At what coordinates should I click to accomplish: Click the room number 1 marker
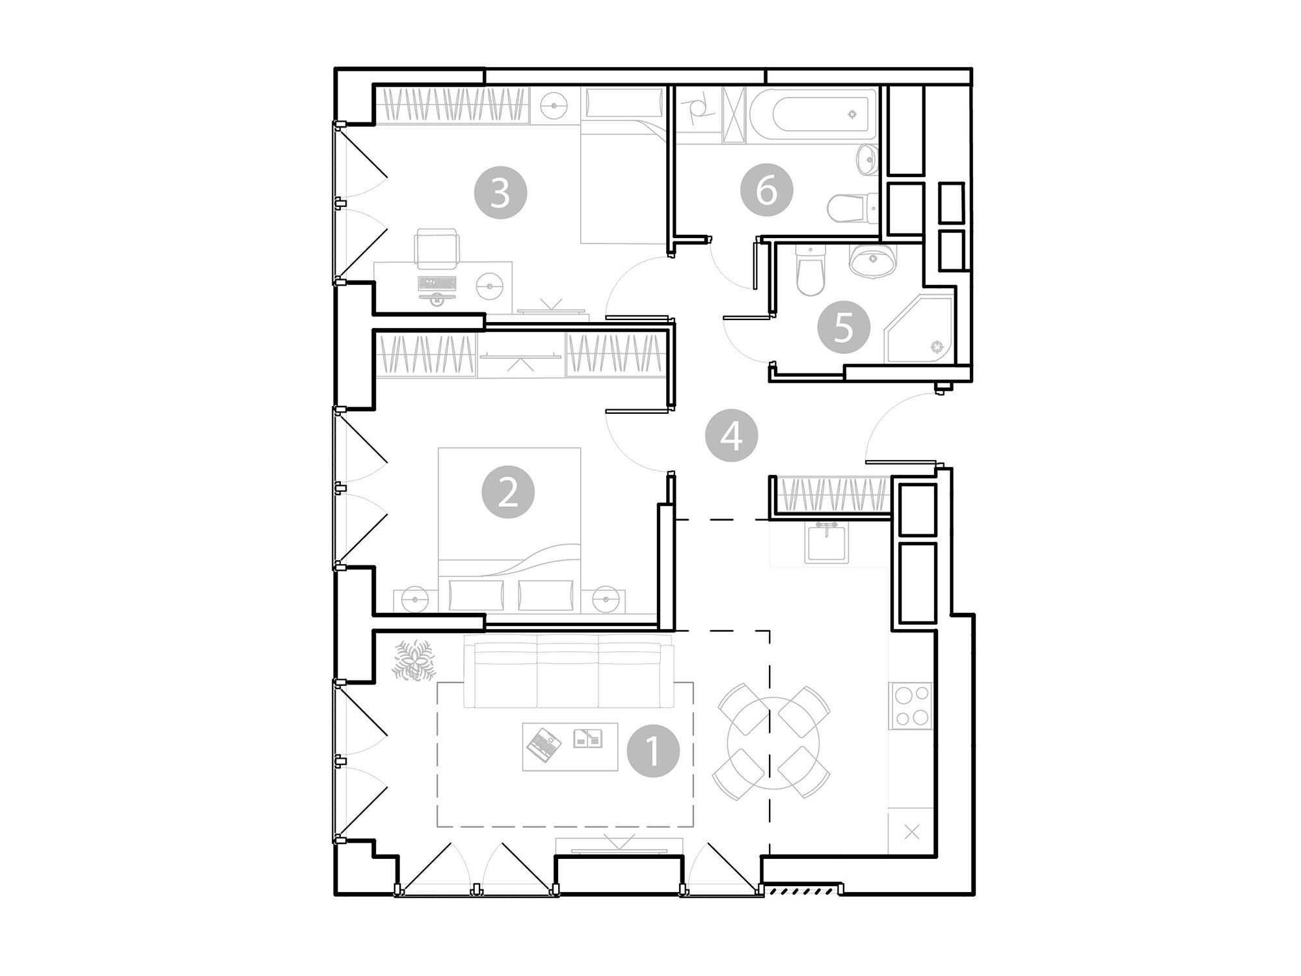(653, 751)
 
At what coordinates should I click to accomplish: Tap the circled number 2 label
(508, 492)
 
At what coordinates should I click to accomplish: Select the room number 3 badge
(500, 193)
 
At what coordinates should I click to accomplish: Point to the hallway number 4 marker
(732, 436)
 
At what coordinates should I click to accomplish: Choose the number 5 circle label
(844, 327)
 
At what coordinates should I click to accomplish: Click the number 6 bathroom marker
(767, 191)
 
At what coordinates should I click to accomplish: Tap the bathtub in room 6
(814, 114)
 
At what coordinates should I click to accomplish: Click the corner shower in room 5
(919, 329)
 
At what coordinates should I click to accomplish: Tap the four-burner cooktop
(911, 706)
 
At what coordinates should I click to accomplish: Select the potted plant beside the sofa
(413, 661)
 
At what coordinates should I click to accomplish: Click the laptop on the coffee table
(544, 746)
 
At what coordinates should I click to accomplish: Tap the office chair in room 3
(436, 249)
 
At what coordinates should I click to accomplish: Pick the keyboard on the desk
(438, 283)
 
